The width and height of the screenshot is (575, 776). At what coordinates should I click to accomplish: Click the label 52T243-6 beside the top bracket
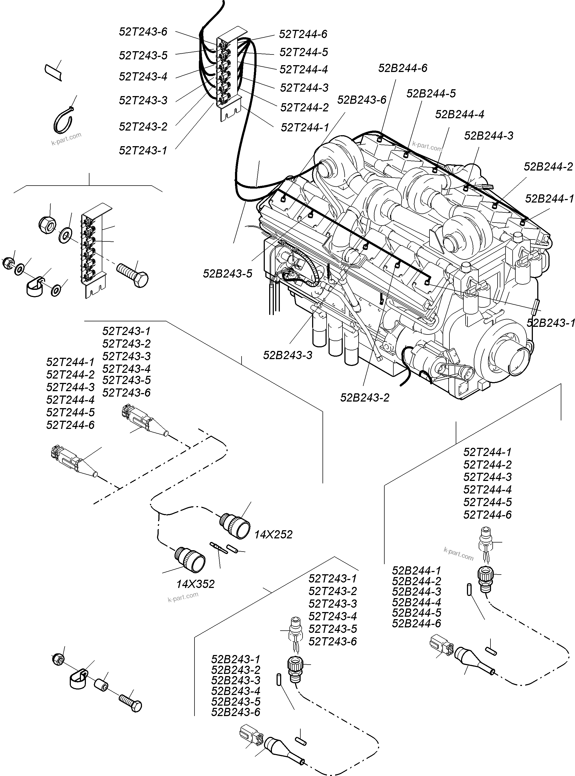[143, 32]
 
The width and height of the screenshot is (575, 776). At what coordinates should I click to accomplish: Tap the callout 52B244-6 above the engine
[403, 68]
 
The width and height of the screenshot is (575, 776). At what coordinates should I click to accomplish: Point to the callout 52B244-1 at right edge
[549, 199]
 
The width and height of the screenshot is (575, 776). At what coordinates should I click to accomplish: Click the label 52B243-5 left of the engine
[227, 274]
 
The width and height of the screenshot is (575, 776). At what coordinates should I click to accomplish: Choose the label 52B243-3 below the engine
[287, 355]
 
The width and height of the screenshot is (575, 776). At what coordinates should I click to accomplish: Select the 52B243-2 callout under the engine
[364, 398]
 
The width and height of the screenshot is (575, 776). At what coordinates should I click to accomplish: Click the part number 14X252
[273, 534]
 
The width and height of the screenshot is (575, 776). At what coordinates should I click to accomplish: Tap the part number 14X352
[195, 584]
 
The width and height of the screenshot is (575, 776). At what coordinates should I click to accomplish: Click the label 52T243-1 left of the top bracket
[143, 151]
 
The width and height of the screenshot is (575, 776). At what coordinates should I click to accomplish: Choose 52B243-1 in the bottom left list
[236, 659]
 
